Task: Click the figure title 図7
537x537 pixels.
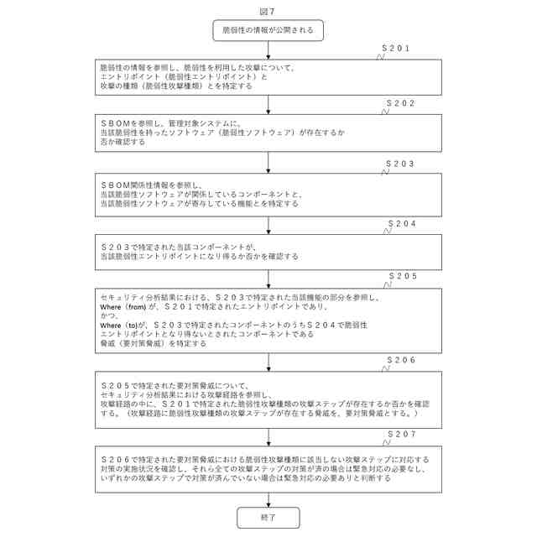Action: point(268,11)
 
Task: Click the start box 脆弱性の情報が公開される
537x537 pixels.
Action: point(268,30)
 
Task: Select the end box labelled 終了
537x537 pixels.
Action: point(268,519)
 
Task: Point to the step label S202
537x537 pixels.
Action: point(401,103)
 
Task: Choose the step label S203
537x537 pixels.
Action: point(402,163)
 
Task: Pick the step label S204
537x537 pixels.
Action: point(402,224)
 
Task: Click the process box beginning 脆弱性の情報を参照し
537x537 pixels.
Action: point(268,76)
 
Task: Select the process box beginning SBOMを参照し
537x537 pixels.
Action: point(268,133)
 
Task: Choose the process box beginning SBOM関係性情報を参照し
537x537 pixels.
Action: point(268,194)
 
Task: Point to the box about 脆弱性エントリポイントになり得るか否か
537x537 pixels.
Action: point(268,251)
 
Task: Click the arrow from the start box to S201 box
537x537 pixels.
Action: point(268,50)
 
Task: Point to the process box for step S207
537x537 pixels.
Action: point(268,469)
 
